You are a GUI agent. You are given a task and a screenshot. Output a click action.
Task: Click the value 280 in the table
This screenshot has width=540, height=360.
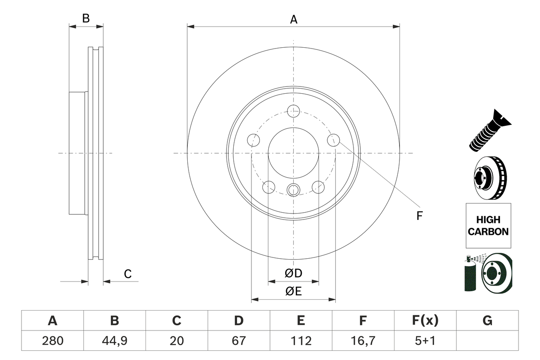52,341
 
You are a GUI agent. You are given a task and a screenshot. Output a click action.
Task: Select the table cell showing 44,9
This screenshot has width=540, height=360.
114,341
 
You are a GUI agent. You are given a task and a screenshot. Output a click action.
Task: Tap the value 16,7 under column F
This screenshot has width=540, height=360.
362,341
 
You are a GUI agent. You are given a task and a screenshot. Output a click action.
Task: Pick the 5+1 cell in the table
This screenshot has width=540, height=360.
425,341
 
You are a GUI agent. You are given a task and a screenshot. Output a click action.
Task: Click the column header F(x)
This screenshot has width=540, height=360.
425,321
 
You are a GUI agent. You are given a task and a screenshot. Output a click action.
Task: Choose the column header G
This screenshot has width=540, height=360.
487,321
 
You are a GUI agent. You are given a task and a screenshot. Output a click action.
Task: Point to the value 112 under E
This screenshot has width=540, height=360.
300,341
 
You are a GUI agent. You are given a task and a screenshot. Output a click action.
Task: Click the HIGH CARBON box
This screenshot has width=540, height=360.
488,225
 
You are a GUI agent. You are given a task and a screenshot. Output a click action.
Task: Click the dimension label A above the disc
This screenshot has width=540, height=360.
294,19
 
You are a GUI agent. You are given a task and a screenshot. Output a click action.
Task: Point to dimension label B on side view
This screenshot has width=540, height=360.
86,19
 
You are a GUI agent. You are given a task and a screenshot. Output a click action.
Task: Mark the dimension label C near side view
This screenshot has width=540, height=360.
128,274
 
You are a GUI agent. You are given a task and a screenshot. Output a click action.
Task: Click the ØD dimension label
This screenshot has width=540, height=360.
294,273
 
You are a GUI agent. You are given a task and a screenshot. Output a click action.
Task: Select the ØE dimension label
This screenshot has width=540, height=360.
294,292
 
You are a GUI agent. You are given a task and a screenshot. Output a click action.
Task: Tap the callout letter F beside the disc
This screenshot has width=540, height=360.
419,216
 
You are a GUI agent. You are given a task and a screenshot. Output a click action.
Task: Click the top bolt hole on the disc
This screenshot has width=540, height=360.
293,111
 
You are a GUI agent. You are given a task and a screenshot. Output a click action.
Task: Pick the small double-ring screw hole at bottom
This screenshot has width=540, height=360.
293,190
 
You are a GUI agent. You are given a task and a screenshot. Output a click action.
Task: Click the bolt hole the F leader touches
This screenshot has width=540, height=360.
334,140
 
